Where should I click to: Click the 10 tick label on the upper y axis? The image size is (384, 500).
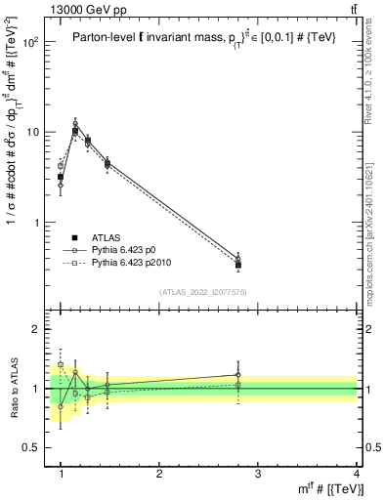click(36, 133)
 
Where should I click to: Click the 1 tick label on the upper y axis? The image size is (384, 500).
click(39, 223)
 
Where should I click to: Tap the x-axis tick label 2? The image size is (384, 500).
click(159, 474)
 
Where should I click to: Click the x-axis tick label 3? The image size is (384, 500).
click(258, 474)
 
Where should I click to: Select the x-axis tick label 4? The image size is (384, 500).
click(356, 474)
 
